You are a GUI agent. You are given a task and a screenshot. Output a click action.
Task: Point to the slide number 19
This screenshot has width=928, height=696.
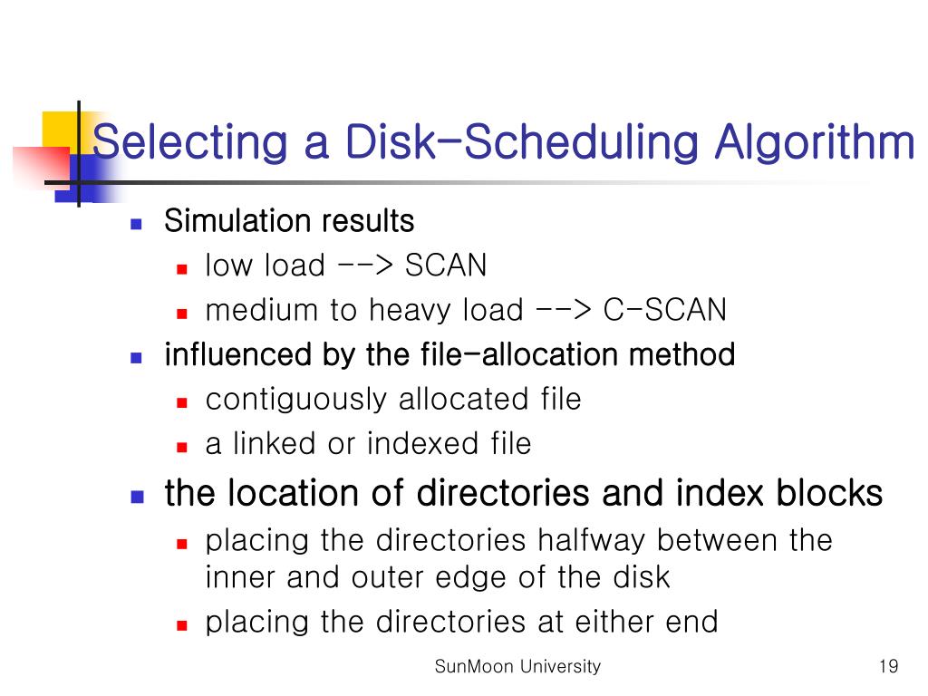point(888,667)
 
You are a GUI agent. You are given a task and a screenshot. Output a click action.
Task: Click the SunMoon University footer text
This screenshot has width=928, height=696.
point(517,667)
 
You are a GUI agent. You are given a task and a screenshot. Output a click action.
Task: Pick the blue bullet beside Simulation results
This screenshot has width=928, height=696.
point(137,223)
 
